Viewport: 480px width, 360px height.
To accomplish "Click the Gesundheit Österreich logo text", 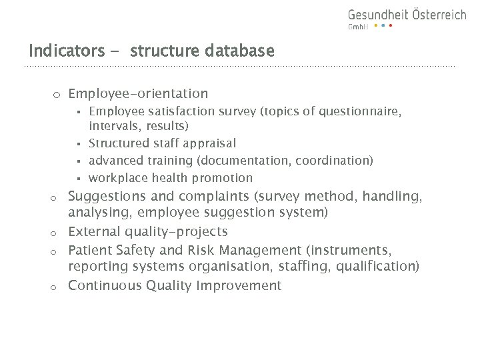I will pyautogui.click(x=407, y=15).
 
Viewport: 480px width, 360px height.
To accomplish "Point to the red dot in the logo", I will pyautogui.click(x=391, y=26).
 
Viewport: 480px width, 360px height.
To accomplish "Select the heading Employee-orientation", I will pyautogui.click(x=138, y=94).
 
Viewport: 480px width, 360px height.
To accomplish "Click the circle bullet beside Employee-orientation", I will pyautogui.click(x=57, y=95).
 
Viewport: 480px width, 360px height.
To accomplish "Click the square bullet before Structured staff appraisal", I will pyautogui.click(x=79, y=144).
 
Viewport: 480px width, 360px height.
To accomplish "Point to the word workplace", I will pyautogui.click(x=118, y=178).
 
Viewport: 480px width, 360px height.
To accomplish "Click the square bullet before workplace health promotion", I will pyautogui.click(x=79, y=179).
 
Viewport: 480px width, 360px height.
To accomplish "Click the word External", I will pyautogui.click(x=94, y=231).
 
